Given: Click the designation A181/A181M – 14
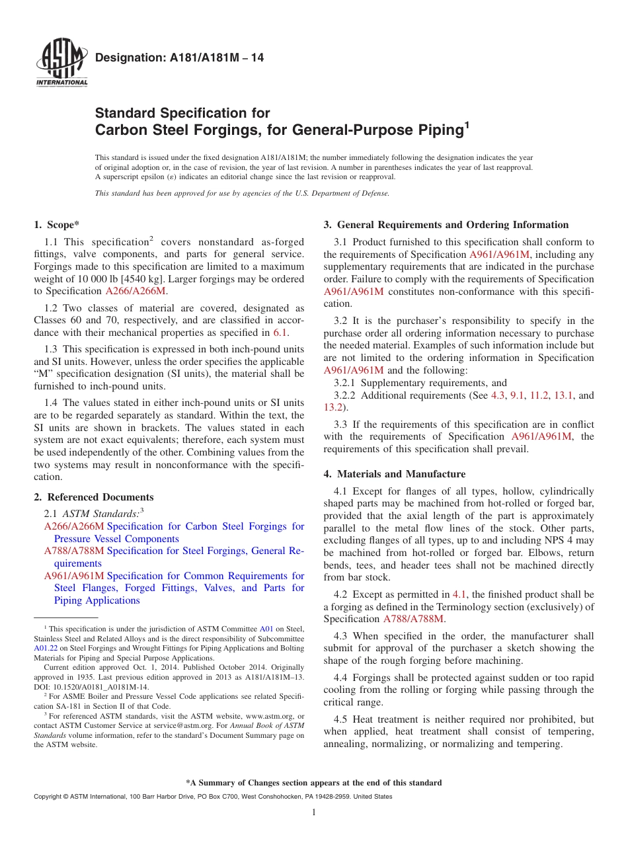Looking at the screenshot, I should tap(179, 58).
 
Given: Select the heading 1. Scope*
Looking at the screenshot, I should tap(57, 225).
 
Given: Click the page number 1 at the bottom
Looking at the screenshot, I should tap(314, 812).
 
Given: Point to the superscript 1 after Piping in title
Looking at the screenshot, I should tap(466, 125).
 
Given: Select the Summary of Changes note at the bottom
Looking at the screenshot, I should tap(314, 783).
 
